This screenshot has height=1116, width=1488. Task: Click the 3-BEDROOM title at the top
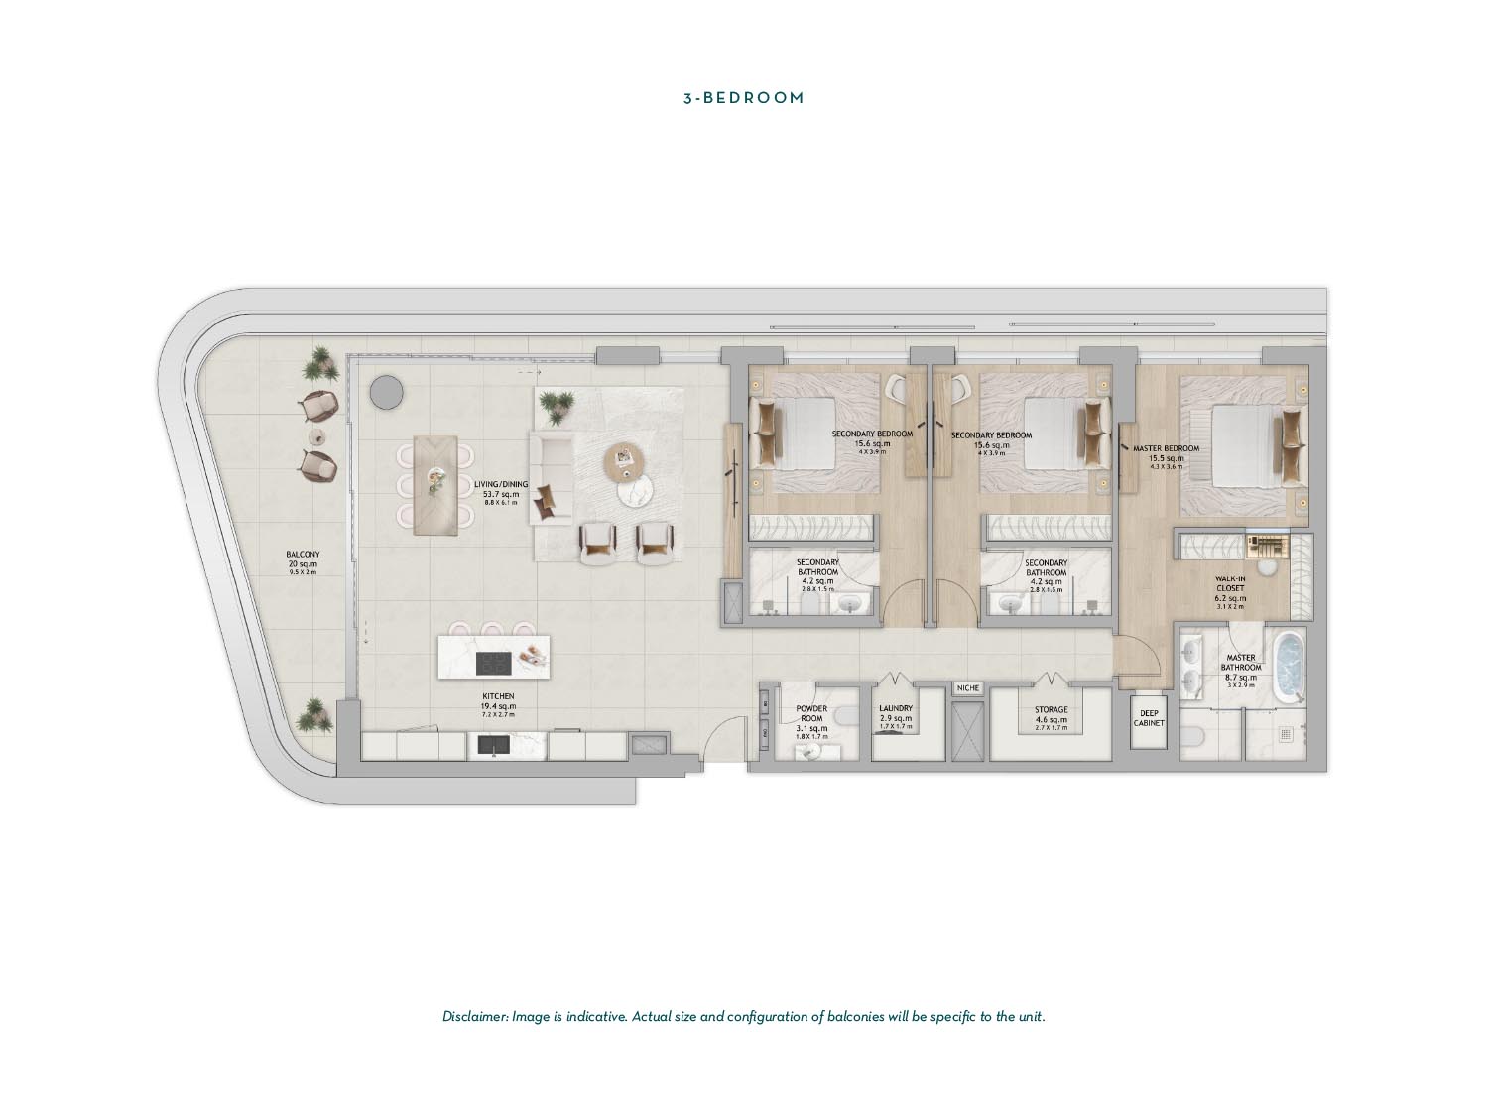(x=743, y=98)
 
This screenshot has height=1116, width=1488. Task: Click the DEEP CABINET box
(x=1149, y=718)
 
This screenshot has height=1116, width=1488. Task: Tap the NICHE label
(x=967, y=687)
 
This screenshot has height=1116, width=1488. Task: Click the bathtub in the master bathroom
(x=1290, y=668)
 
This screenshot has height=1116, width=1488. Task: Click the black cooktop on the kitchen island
(x=493, y=662)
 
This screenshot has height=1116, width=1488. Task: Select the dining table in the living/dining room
(x=435, y=484)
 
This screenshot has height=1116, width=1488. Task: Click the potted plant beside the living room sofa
(x=556, y=404)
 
